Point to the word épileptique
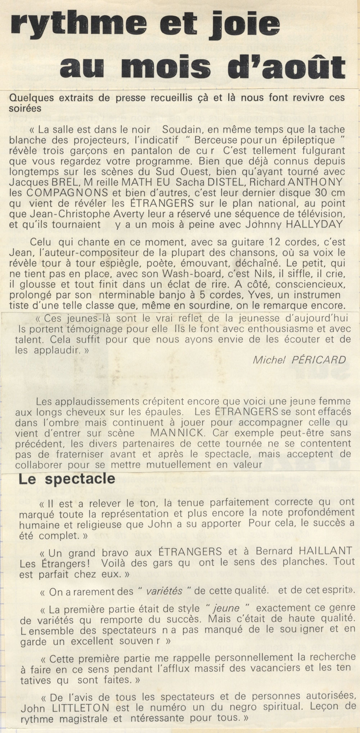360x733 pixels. pos(291,140)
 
